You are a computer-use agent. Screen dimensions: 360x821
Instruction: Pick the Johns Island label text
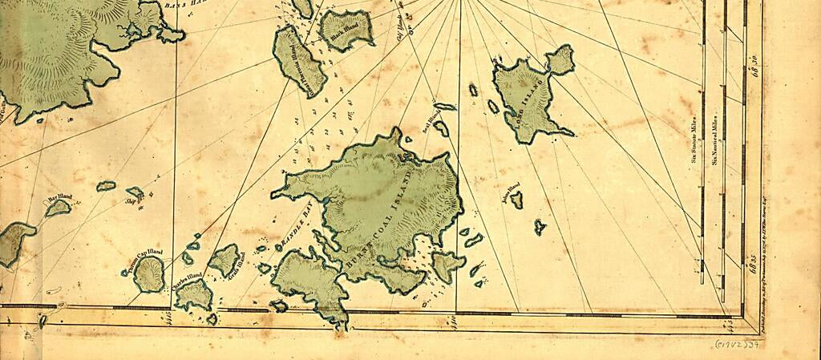click(511, 192)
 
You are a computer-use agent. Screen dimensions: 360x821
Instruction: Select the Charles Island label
click(186, 280)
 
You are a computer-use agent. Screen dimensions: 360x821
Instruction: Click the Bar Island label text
click(59, 197)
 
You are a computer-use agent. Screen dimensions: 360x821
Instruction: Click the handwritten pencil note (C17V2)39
click(734, 344)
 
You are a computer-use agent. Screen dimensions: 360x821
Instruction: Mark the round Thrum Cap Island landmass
click(148, 274)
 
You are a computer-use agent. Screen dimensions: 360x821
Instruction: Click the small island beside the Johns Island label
click(517, 200)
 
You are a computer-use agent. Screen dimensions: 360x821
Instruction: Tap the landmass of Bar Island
click(57, 208)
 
